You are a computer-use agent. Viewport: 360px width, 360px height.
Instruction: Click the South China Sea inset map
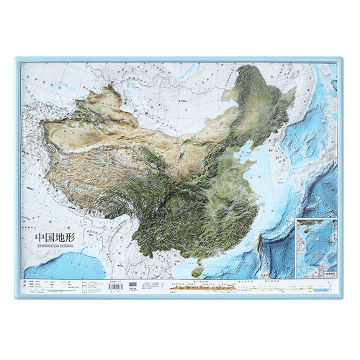317,245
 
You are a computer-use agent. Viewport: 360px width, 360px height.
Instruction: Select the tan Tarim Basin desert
79,133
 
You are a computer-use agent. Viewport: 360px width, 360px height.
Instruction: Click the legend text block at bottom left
43,287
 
